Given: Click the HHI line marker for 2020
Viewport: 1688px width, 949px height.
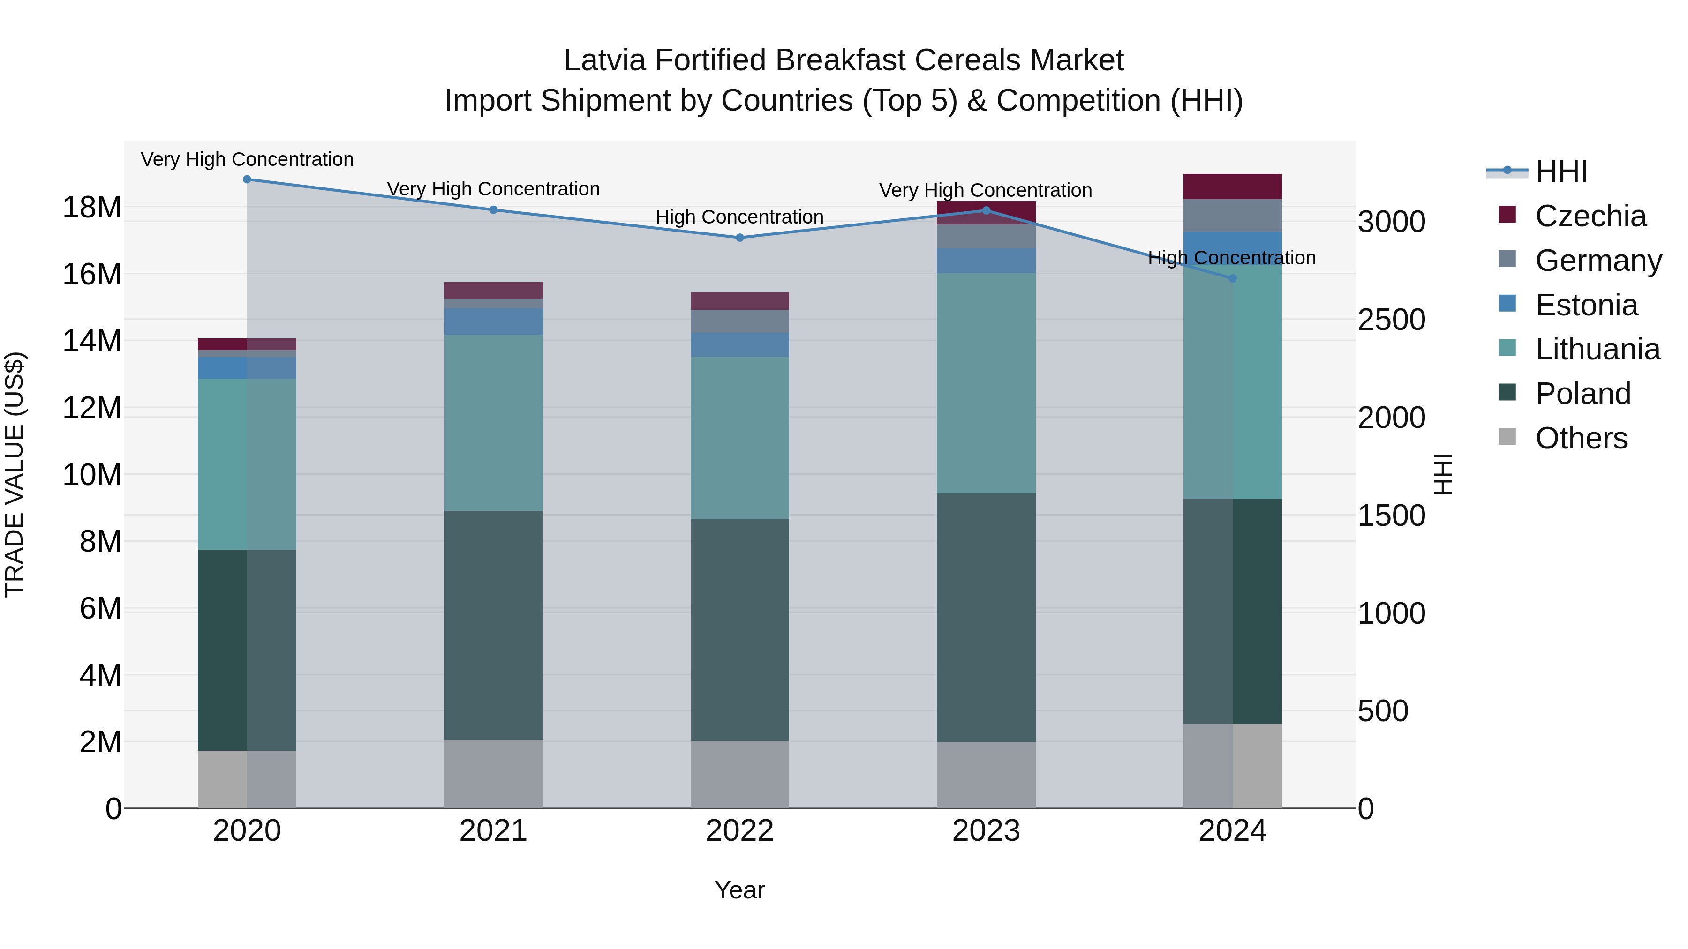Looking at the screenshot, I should (247, 179).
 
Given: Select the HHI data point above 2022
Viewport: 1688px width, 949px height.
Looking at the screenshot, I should (740, 238).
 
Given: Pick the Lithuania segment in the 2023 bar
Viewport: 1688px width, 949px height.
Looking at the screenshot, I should (986, 383).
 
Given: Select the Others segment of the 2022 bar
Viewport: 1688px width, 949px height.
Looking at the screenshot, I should (740, 774).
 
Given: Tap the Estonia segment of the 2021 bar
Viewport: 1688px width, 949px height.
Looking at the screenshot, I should (493, 321).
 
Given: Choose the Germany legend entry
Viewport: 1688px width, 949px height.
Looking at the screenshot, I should (1598, 261).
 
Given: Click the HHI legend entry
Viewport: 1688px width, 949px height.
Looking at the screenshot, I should (1561, 172).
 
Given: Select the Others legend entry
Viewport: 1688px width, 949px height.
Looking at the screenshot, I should (1581, 438).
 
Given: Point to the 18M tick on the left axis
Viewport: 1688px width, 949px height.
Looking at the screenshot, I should (92, 208).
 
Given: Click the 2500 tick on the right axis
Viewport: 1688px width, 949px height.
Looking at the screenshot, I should (1391, 320).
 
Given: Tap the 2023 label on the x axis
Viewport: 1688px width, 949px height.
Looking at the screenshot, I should (986, 831).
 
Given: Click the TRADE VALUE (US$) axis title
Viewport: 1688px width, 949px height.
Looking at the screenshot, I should (15, 474).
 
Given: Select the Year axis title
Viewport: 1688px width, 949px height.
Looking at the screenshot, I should (740, 890).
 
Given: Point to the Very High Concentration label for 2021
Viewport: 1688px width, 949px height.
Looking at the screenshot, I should (493, 188).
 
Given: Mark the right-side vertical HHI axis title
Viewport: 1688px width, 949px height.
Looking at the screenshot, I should (1443, 474).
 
